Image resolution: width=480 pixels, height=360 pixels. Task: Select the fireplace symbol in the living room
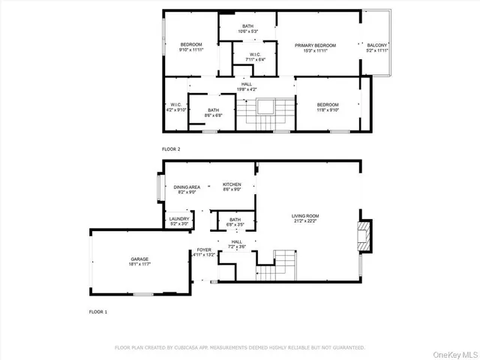coord(364,234)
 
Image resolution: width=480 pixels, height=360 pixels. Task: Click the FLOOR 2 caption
coord(171,149)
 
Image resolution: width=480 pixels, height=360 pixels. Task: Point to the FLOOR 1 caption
coord(98,311)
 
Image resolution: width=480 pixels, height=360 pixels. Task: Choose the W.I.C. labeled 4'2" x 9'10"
coord(175,107)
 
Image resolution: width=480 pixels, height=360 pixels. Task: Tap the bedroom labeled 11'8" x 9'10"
coord(327,107)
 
